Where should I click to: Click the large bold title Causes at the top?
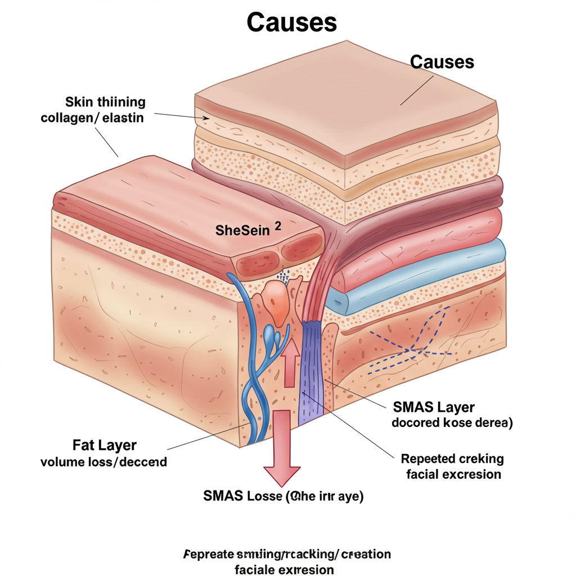(291, 22)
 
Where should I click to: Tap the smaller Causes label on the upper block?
(442, 61)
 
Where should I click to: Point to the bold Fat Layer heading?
(105, 445)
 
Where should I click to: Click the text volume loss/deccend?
(104, 462)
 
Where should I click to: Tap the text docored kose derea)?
(452, 423)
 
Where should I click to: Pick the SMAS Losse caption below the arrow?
(283, 497)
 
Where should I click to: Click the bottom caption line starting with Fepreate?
(287, 554)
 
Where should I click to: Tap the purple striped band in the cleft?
(312, 371)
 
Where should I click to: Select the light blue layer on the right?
(416, 276)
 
